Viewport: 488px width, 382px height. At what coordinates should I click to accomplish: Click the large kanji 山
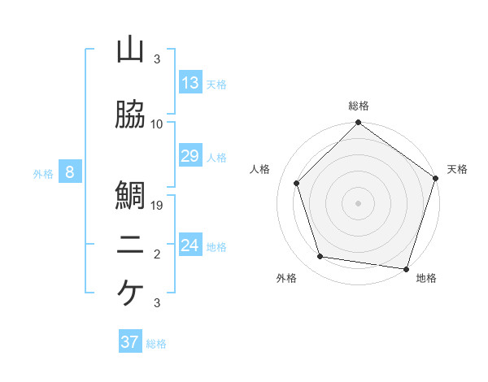(x=130, y=50)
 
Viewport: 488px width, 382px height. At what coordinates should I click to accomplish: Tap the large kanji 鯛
(x=130, y=195)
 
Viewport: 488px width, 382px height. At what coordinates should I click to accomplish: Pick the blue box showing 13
(x=190, y=82)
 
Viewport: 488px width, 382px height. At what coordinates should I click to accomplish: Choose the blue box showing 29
(x=190, y=156)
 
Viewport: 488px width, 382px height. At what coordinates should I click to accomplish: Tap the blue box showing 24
(x=190, y=245)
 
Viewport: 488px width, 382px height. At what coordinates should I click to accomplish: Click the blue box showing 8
(x=70, y=172)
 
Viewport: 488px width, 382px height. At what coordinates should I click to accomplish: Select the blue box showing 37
(x=130, y=342)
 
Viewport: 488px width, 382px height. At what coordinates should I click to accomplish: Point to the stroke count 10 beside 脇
(x=157, y=124)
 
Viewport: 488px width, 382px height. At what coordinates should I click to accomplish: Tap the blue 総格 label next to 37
(x=156, y=344)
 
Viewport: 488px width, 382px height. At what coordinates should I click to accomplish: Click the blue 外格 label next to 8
(x=43, y=173)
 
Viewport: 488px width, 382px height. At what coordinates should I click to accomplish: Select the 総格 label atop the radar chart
(x=359, y=106)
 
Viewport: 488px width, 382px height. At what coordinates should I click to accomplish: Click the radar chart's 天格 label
(x=457, y=169)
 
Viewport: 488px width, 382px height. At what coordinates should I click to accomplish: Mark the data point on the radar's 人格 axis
(x=297, y=183)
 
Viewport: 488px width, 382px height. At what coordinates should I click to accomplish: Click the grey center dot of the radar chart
(x=359, y=202)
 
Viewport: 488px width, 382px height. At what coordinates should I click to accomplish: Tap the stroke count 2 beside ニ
(x=157, y=254)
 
